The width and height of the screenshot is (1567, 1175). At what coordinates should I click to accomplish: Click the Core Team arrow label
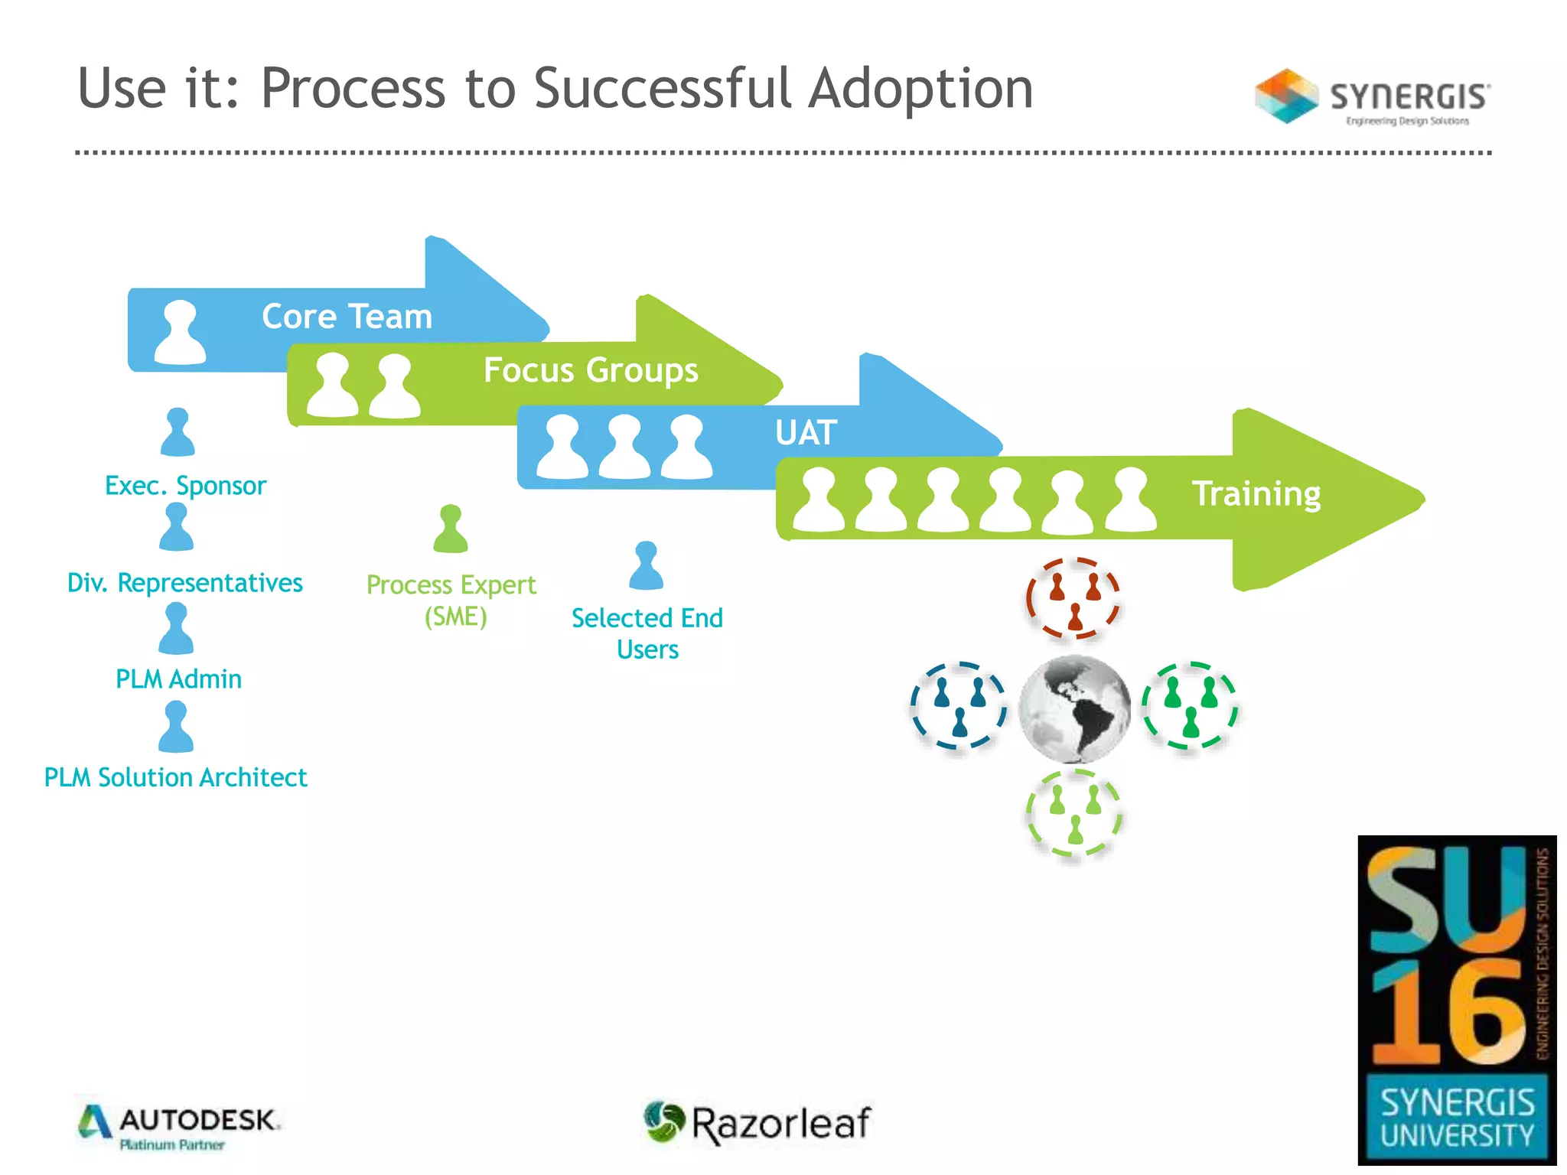coord(347,317)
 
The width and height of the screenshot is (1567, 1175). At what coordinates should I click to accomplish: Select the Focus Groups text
coord(591,370)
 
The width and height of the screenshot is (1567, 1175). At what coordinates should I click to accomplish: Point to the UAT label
coord(806,433)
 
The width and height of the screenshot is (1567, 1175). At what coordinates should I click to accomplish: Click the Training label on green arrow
coord(1256,494)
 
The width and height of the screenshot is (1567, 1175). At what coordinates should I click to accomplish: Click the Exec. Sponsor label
coord(185,486)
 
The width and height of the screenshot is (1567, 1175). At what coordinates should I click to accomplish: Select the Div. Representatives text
coord(185,583)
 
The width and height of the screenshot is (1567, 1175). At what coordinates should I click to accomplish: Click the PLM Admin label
coord(178,679)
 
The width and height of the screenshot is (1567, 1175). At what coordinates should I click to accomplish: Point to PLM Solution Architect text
coord(175,777)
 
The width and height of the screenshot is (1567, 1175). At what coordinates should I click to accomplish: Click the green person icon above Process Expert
coord(451,529)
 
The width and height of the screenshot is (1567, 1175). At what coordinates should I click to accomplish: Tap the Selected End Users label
coord(647,633)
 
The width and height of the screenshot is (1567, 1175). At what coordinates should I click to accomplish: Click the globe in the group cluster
coord(1075,709)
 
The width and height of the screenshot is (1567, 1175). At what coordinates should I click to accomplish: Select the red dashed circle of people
coord(1073,599)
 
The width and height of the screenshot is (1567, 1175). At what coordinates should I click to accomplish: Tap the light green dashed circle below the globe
coord(1074,814)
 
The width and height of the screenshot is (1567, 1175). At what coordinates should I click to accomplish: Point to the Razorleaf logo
coord(758,1122)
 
